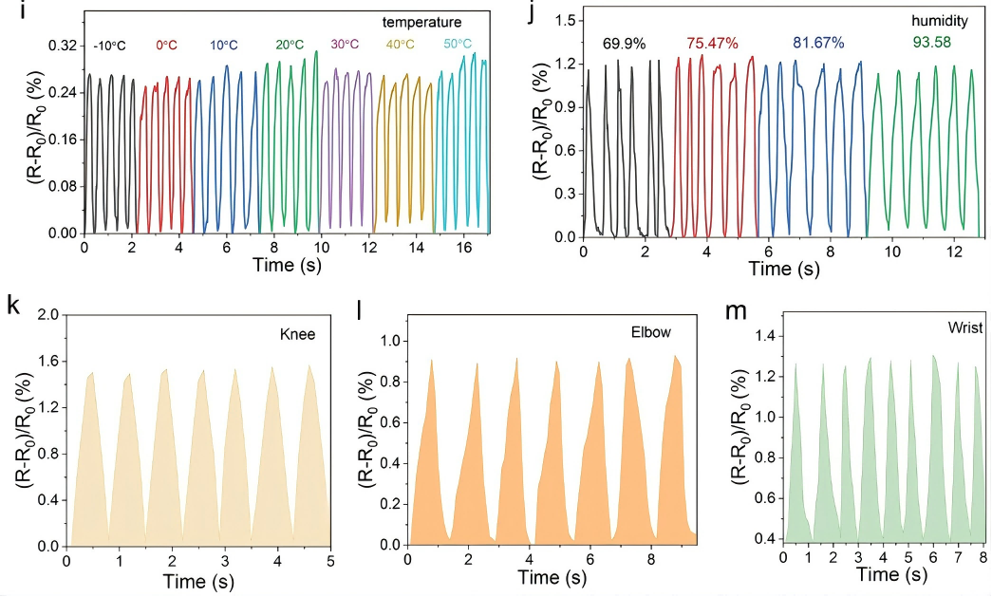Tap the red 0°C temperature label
(x=167, y=46)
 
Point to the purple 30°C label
(x=345, y=44)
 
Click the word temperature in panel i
(x=422, y=20)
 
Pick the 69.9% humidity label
(x=624, y=44)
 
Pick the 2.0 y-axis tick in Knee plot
(x=49, y=314)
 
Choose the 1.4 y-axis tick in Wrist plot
(x=765, y=335)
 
